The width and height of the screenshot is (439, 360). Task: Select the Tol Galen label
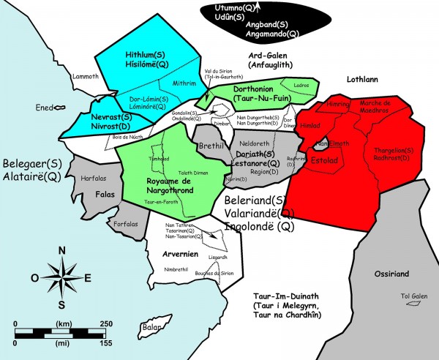413,296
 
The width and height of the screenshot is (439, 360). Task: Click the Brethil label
212,147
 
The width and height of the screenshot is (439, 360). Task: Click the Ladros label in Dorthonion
301,86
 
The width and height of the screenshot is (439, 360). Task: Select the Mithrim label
184,83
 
